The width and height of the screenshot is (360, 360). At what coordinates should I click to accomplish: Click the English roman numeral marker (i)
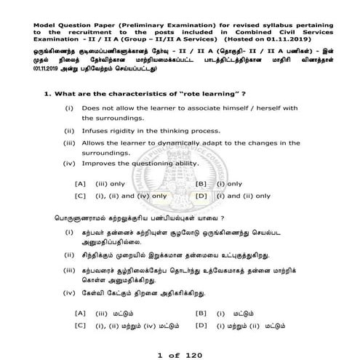pos(69,108)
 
